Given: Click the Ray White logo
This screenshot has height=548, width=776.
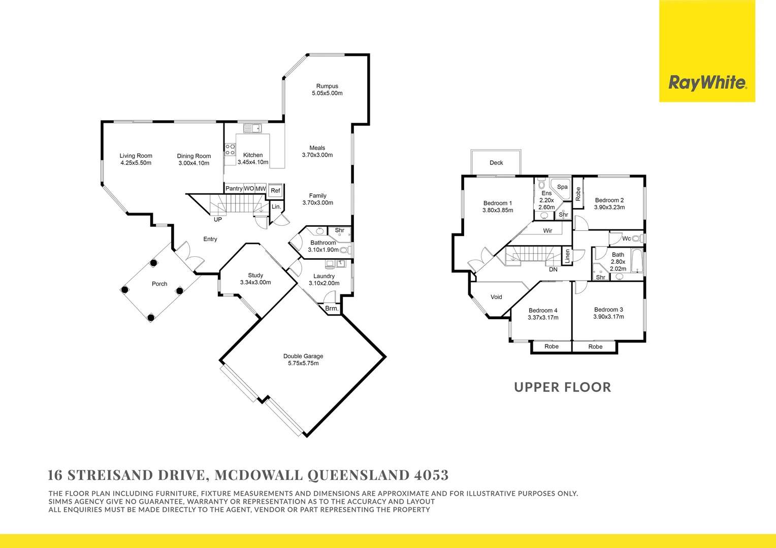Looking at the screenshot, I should click(707, 83).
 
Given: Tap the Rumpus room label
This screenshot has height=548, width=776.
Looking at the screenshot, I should click(327, 86).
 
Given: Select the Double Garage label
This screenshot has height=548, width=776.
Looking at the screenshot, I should click(303, 356).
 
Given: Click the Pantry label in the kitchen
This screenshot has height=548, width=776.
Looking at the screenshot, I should click(234, 189).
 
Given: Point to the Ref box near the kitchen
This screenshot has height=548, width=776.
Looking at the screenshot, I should click(275, 191).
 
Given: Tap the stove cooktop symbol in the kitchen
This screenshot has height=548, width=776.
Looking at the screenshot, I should click(230, 149).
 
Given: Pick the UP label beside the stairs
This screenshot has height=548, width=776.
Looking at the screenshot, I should click(218, 220).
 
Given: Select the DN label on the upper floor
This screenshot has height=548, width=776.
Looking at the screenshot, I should click(553, 269).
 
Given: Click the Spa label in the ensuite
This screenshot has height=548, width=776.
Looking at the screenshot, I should click(562, 187).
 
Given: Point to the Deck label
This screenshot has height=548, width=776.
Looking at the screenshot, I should click(496, 163).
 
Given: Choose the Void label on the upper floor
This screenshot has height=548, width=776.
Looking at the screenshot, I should click(496, 297).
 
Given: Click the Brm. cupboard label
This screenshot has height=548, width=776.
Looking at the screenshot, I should click(332, 309).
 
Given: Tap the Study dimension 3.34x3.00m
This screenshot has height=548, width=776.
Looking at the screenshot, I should click(255, 283).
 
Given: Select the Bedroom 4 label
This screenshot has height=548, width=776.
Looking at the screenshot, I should click(543, 311).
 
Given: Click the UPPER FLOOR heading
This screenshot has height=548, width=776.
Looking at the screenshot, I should click(562, 387).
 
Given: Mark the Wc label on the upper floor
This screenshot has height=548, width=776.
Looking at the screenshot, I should click(626, 238).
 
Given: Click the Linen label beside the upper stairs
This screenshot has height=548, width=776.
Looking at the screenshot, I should click(567, 256).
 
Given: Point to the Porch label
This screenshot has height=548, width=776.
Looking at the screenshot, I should click(159, 284).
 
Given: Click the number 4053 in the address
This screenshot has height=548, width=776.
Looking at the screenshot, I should click(431, 475).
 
